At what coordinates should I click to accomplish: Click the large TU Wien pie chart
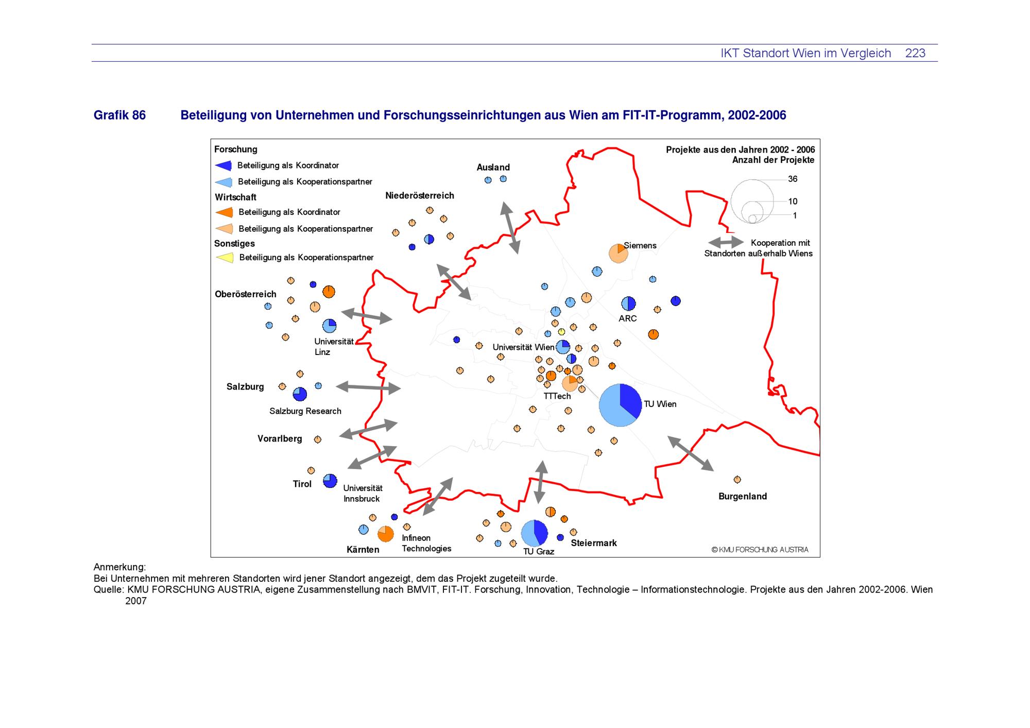tap(620, 405)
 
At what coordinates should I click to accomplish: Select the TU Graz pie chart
tap(534, 533)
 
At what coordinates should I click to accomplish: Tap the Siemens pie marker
tap(618, 253)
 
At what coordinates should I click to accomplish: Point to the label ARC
tap(627, 318)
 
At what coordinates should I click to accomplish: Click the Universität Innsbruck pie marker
tap(330, 481)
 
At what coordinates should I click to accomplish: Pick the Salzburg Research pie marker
tap(300, 394)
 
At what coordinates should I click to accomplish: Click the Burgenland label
tap(742, 496)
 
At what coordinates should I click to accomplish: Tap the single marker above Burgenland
tap(737, 480)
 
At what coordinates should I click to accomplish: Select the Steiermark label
tap(593, 543)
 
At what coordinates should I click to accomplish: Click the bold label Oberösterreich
tap(245, 294)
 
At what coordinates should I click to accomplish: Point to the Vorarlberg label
tap(280, 438)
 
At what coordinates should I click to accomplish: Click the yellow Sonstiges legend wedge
tap(225, 257)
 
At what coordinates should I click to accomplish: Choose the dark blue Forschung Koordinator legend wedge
tap(224, 165)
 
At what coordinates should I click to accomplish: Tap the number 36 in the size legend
tap(793, 179)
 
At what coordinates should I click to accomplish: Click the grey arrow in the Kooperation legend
tap(726, 242)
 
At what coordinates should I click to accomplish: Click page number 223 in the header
tap(915, 53)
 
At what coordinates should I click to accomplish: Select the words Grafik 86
tap(119, 115)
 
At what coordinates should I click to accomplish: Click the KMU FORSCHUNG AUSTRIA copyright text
tap(760, 550)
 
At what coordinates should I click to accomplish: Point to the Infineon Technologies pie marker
tap(385, 534)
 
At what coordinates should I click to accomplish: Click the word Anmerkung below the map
tap(119, 567)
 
